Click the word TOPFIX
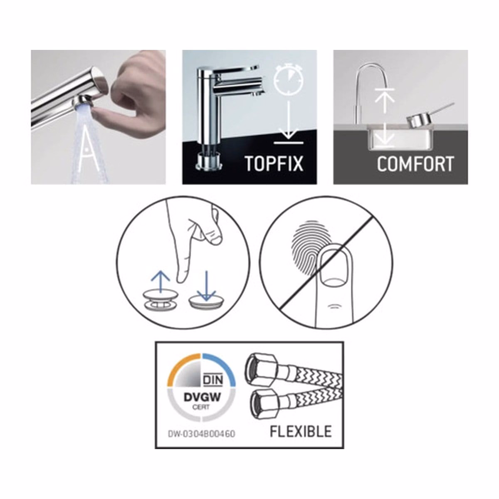tap(274, 163)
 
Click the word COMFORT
tap(415, 163)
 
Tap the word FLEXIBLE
tap(301, 431)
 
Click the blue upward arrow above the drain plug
tap(161, 282)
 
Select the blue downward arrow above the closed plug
tap(206, 286)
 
